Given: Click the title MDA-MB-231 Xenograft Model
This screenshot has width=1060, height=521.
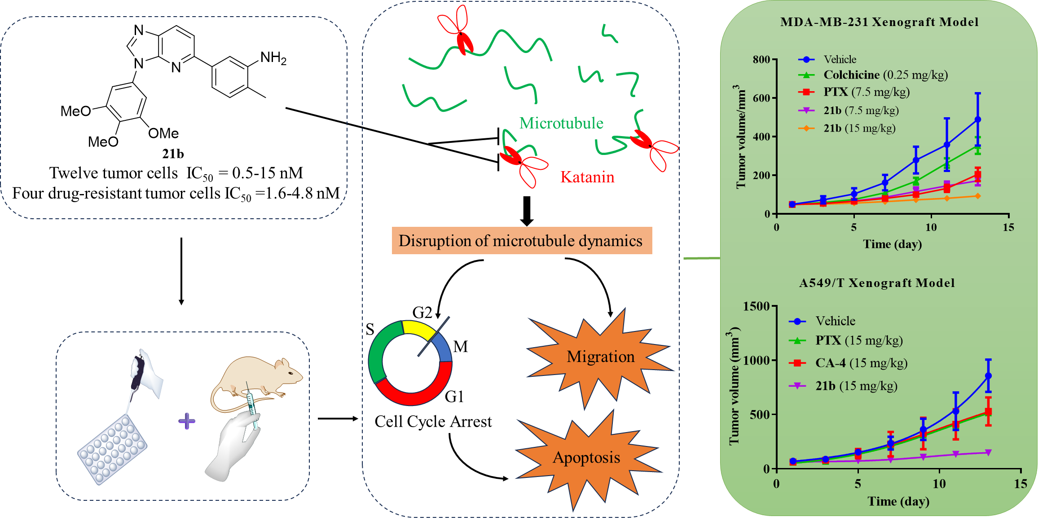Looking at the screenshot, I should click(879, 22).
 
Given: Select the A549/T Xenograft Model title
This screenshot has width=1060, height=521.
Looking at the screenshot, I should click(876, 283).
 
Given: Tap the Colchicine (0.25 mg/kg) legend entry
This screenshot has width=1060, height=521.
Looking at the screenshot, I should click(885, 75).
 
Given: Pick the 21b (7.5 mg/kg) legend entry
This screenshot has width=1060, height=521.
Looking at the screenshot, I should click(861, 110).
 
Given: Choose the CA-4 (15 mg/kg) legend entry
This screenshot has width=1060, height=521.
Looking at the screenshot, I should click(861, 363).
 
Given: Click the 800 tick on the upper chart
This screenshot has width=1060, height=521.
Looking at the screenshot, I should click(761, 59).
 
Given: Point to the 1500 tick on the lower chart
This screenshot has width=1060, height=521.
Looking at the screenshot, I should click(756, 306).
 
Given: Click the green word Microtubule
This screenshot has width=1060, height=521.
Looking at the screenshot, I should click(561, 123).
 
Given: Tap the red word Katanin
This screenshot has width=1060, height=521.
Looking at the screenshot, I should click(587, 177).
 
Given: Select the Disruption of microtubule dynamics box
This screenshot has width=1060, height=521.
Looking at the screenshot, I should click(522, 241).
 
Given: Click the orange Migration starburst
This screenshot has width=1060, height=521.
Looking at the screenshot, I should click(600, 357).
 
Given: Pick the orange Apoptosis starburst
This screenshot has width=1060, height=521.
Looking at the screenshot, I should click(586, 458).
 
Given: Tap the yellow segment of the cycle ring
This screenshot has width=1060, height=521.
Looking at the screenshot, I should click(418, 329).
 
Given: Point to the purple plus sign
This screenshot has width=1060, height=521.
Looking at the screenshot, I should click(187, 421).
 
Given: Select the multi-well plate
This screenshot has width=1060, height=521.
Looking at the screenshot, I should click(112, 449).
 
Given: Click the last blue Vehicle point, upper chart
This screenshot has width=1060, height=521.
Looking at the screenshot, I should click(978, 119).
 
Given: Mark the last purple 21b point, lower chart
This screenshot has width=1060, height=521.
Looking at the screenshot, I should click(988, 452).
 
